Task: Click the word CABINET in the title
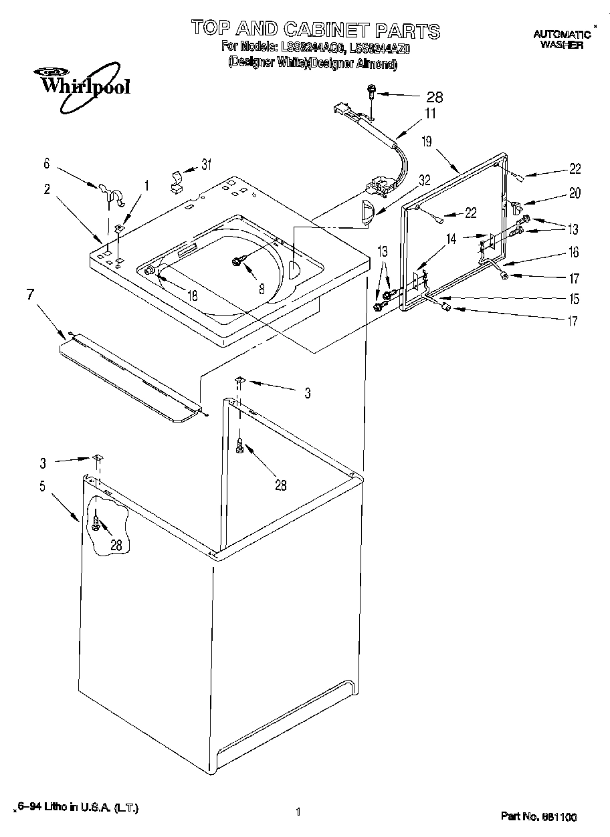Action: point(326,29)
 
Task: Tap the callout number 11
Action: point(429,113)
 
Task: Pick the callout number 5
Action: point(42,486)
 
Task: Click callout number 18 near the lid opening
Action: point(192,294)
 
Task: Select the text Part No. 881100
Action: point(538,816)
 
